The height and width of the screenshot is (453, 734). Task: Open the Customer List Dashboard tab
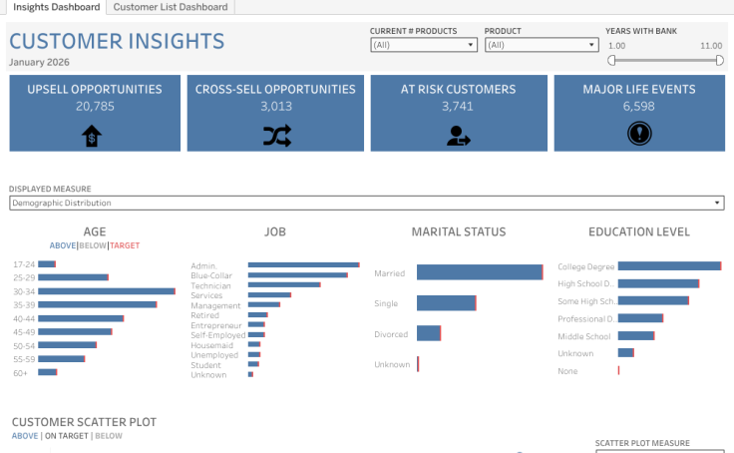tap(171, 7)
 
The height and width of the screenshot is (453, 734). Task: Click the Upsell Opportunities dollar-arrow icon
tap(92, 136)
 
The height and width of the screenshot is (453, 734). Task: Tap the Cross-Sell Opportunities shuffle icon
tap(275, 136)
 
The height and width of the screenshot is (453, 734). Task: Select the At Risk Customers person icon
tap(459, 136)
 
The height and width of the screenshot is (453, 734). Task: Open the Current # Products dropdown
tap(424, 45)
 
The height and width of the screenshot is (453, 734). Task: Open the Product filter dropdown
tap(541, 45)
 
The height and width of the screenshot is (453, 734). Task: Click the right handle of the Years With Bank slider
tap(720, 60)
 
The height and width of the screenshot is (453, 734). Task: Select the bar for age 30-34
tap(107, 291)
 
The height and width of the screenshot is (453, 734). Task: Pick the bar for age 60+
tap(48, 372)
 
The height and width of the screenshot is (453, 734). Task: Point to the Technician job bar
tap(284, 284)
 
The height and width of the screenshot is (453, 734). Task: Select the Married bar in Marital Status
tap(479, 272)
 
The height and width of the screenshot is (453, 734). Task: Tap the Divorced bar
tap(429, 334)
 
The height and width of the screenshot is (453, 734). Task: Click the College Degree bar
tap(669, 266)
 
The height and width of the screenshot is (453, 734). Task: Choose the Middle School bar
tap(636, 335)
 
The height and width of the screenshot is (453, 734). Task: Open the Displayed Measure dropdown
tap(366, 204)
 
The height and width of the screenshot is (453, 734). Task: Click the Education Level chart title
tap(638, 232)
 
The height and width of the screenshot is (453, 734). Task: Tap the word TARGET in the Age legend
tap(125, 245)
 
